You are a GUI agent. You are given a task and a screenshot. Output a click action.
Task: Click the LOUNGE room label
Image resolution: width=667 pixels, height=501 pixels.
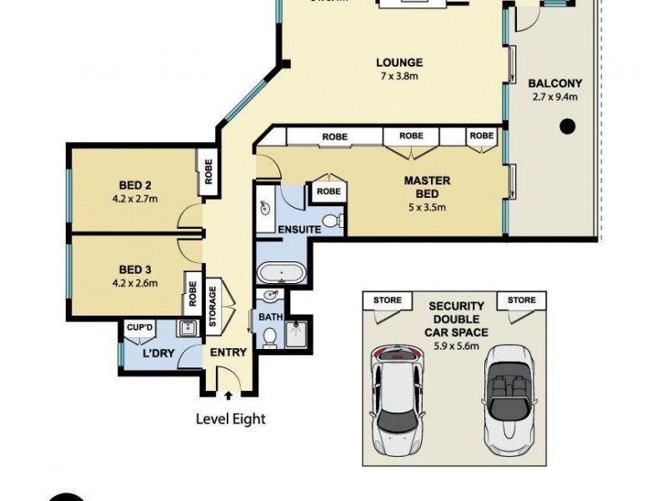pos(399,63)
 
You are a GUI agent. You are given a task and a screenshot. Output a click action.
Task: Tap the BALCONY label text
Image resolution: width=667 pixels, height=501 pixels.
pos(554,83)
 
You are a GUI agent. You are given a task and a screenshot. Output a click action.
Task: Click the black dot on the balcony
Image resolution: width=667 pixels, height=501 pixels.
pos(567,127)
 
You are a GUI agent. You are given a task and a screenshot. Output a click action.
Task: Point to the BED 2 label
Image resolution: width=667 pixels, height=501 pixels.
pos(134,185)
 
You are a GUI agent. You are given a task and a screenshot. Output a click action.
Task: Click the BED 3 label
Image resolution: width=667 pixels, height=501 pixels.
pos(134,269)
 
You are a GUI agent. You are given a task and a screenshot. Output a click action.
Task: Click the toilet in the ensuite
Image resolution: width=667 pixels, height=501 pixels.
pos(333,220)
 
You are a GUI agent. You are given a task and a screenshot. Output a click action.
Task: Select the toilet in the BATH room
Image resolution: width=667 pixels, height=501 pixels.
pos(269,337)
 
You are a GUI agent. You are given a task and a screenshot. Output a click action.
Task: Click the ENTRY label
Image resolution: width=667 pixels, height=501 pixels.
pos(228,352)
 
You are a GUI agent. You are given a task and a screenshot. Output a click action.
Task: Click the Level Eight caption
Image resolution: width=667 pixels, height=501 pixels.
pos(230,418)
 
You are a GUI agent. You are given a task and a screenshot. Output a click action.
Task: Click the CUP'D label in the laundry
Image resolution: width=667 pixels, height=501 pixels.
pos(138,326)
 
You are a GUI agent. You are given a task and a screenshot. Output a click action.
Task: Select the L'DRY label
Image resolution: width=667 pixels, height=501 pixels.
pos(158,354)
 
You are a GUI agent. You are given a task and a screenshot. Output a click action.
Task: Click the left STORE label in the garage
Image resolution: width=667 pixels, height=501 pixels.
pos(387,301)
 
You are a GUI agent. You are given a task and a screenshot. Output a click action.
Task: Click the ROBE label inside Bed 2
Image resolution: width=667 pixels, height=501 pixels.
pos(208,172)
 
